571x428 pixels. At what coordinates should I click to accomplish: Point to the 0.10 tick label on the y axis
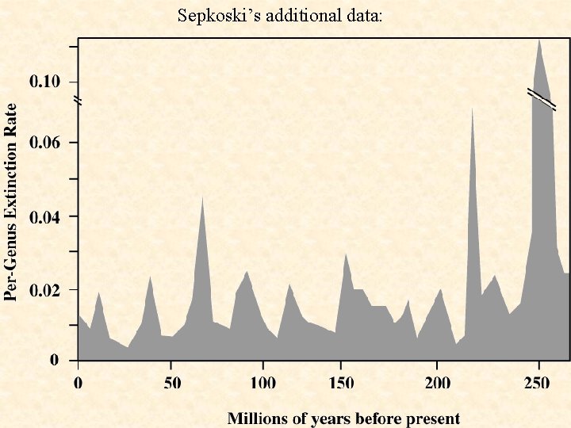(44, 82)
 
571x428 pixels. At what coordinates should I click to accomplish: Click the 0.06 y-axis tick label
(44, 143)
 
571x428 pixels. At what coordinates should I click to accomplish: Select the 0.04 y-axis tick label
(44, 216)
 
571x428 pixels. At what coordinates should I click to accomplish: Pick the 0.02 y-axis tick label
(44, 290)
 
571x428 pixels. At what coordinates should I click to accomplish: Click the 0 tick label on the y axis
(54, 361)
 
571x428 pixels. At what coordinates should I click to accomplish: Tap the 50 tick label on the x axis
(172, 384)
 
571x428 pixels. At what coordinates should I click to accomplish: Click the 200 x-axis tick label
(438, 384)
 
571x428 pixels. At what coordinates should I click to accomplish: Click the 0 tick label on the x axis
(78, 384)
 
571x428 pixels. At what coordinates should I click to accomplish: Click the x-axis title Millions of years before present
(343, 418)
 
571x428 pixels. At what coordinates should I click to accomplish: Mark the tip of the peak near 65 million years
(202, 197)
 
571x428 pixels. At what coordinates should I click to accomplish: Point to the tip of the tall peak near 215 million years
(473, 107)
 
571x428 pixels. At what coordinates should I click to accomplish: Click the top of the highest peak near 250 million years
(539, 39)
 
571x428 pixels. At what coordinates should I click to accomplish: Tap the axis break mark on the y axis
(77, 101)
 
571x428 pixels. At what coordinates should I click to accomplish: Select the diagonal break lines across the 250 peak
(542, 100)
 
